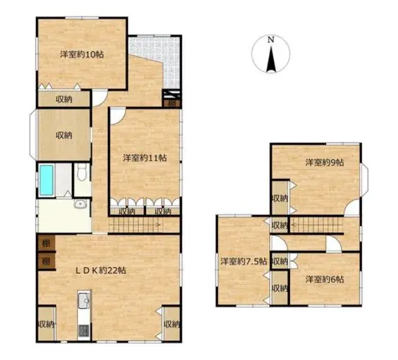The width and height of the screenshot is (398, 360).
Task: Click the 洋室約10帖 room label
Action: point(81,54)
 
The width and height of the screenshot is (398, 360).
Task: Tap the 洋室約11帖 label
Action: point(145,158)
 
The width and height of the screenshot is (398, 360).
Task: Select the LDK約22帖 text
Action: point(101,270)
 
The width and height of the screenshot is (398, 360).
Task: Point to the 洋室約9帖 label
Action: point(324,162)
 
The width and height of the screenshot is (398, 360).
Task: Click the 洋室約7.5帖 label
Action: point(243,261)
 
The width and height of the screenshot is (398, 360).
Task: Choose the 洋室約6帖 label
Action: point(324,280)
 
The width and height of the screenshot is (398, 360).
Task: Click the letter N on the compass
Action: point(271,40)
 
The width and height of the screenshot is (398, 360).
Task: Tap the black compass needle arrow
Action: point(271,59)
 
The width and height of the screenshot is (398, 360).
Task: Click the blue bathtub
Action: point(47,180)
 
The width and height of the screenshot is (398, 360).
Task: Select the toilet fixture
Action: point(81,172)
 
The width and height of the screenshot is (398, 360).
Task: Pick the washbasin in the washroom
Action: point(80,204)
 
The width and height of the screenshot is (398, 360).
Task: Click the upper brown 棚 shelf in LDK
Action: point(46,244)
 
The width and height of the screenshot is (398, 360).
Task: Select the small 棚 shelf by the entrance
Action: point(172,103)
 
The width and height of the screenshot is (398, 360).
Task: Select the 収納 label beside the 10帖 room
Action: point(64,100)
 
